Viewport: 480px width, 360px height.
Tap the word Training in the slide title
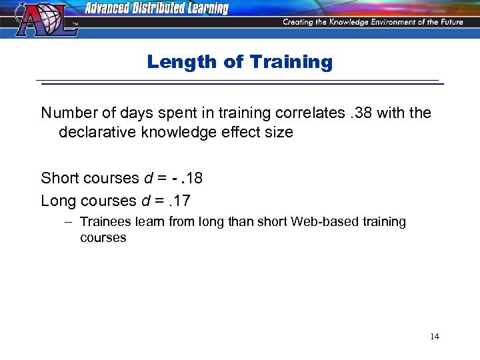click(x=291, y=62)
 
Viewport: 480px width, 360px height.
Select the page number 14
click(x=435, y=336)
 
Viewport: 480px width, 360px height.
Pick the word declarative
click(x=95, y=132)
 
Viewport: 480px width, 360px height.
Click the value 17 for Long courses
click(x=181, y=200)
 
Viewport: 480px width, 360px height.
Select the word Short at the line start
click(x=59, y=179)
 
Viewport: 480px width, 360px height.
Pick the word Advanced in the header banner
click(x=108, y=8)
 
